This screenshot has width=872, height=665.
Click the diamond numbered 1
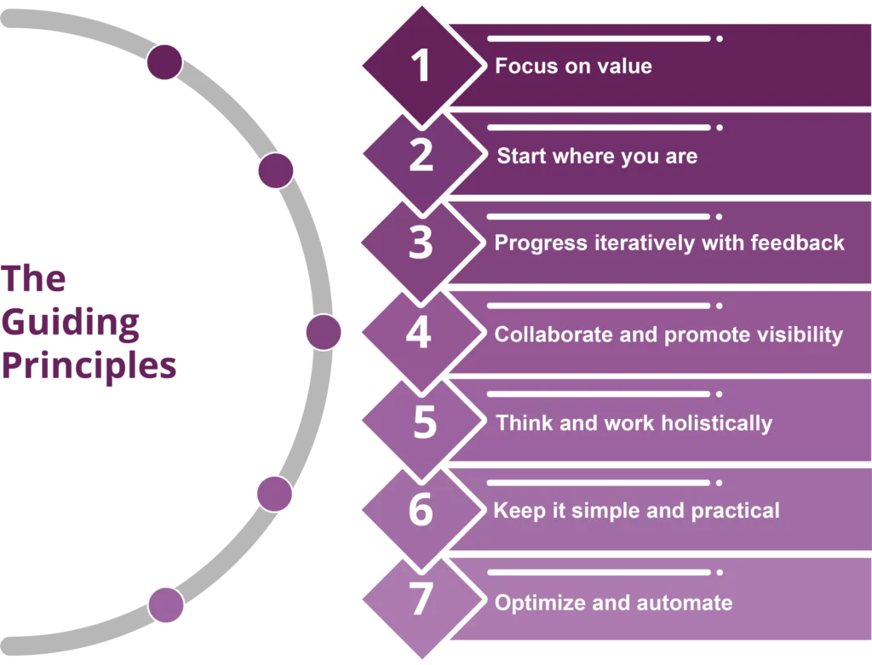tap(421, 66)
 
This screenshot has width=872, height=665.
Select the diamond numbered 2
tap(421, 156)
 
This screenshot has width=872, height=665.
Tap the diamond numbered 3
tap(421, 244)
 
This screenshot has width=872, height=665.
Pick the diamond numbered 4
tap(418, 333)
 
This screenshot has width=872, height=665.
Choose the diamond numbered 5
tap(423, 422)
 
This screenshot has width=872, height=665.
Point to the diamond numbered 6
tap(421, 511)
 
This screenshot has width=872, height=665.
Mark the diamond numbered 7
tap(421, 601)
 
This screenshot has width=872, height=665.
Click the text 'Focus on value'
tap(573, 66)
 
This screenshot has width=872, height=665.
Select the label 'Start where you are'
tap(597, 156)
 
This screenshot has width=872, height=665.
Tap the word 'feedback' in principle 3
tap(797, 243)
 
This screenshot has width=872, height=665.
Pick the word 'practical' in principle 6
tap(737, 511)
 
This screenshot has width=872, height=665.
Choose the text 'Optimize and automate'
tap(613, 603)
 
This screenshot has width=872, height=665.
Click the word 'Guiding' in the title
tap(72, 324)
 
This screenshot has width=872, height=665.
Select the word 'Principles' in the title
tap(89, 367)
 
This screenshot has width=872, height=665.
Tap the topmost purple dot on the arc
tap(164, 63)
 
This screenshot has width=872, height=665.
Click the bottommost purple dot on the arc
tap(166, 605)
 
